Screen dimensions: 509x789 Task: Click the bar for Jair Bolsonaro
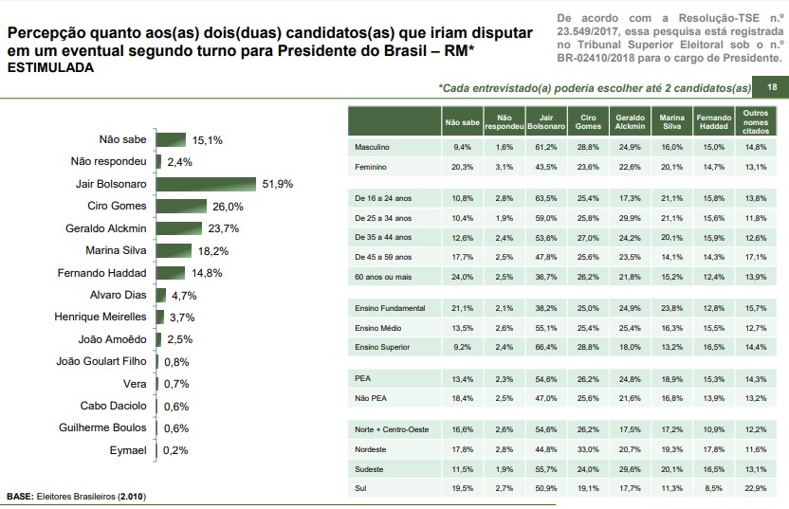[x=206, y=184]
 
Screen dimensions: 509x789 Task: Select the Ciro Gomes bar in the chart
[x=180, y=207]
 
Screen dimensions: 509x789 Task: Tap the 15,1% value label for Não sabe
[x=207, y=139]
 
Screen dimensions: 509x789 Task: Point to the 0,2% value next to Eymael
[x=174, y=450]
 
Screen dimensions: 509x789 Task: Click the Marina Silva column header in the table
[x=671, y=123]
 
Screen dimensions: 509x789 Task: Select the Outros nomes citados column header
[x=756, y=123]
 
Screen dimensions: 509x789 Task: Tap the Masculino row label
[x=372, y=147]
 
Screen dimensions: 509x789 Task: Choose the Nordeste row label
[x=371, y=449]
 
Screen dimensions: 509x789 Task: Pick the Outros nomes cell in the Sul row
[x=756, y=487]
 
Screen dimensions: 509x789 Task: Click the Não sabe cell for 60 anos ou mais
[x=463, y=276]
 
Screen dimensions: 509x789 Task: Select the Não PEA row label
[x=369, y=398]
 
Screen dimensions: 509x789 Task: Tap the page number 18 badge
[x=771, y=88]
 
